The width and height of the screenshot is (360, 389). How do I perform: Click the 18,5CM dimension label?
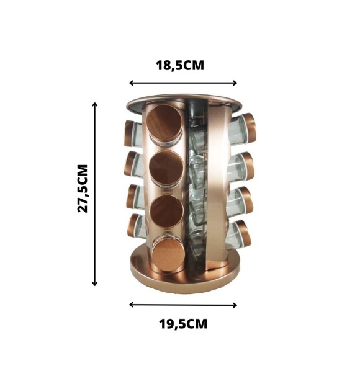click(x=180, y=66)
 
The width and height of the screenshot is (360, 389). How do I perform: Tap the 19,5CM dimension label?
click(x=183, y=324)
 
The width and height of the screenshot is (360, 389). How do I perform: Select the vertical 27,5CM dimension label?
click(x=83, y=189)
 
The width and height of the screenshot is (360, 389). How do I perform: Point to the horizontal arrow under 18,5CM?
click(x=183, y=83)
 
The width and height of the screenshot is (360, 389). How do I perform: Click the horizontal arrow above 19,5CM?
click(x=183, y=305)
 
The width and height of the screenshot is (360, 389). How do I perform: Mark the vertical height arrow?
click(x=94, y=194)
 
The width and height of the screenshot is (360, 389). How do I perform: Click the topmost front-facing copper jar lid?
click(x=164, y=123)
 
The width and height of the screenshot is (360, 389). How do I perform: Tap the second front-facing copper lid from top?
click(x=166, y=168)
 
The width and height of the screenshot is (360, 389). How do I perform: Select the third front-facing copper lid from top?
click(x=167, y=211)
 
